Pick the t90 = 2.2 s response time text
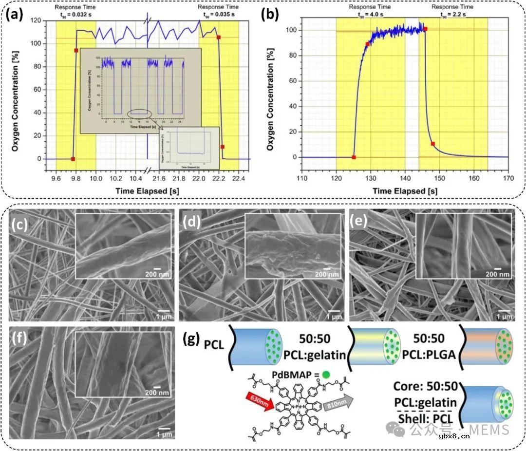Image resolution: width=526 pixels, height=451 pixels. coord(452,14)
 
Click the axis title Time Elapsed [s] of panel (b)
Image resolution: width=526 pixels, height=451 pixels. coord(399,191)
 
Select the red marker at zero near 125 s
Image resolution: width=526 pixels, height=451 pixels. coord(354,157)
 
